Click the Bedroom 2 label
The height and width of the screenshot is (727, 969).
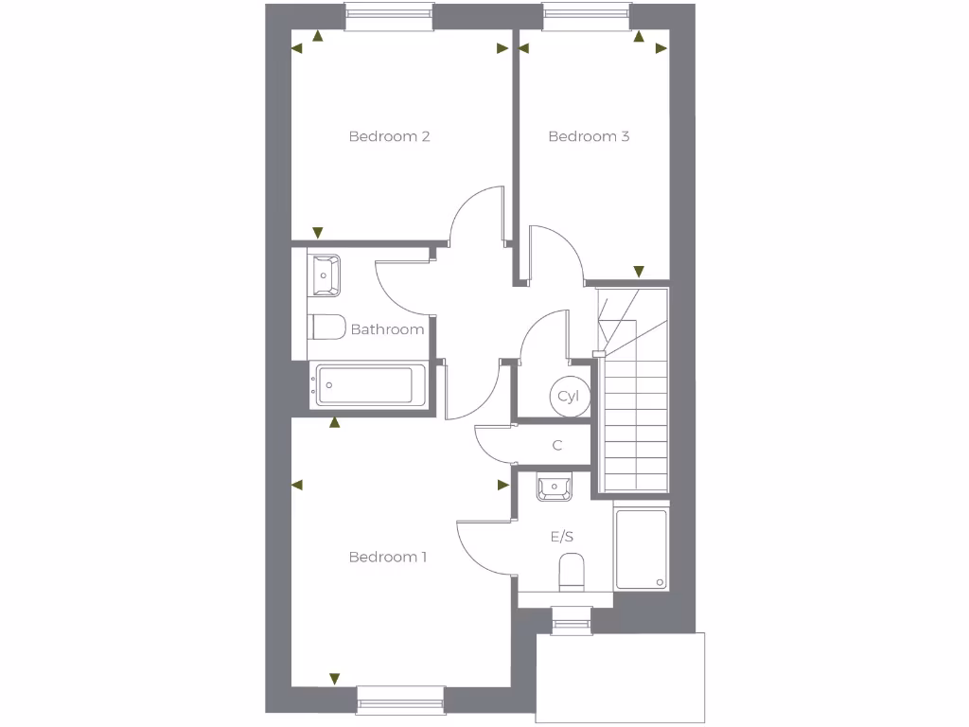coord(389,136)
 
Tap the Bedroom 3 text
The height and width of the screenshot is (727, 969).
coord(589,136)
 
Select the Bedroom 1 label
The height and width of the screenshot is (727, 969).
coord(387,557)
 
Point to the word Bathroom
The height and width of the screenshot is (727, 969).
coord(387,329)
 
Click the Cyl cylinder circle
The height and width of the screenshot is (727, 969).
coord(568,396)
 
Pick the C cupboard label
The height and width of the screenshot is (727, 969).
coord(557,445)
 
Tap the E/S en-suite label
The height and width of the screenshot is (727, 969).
coord(562,536)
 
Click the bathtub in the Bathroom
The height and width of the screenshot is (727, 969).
coord(365,385)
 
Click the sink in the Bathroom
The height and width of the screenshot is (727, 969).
coord(326,274)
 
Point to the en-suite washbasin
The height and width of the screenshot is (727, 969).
coord(554,488)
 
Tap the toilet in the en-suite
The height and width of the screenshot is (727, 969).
coord(572,572)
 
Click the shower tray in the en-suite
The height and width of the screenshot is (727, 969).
coord(641,548)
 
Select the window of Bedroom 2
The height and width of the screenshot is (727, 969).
coord(389,16)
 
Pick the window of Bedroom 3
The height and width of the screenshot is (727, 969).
coord(587,16)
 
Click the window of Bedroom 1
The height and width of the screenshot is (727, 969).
coord(400,700)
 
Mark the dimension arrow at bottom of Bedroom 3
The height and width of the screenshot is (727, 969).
coord(639,271)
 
